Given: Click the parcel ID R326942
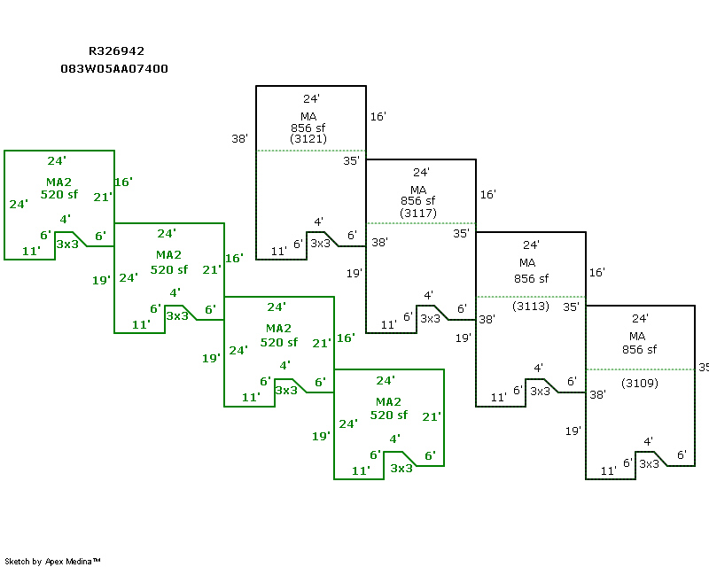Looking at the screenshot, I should tap(116, 52).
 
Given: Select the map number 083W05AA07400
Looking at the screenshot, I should tap(114, 68).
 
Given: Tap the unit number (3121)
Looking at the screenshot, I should tap(308, 139).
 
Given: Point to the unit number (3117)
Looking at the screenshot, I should tap(418, 213).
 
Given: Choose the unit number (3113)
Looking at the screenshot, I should tap(531, 307).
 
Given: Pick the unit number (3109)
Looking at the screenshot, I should tap(640, 383).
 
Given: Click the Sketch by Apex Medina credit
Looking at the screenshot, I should tap(53, 561).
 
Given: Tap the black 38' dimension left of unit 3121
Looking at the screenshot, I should tap(239, 139).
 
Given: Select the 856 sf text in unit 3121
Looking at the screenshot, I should tap(308, 128).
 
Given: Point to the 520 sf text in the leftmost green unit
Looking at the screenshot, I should tap(59, 194).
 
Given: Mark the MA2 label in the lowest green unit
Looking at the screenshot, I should tap(388, 402).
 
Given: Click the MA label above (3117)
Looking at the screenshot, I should tap(418, 190).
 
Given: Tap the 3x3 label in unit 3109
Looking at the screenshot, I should tap(649, 463).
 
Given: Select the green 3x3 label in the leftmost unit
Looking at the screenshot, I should tap(67, 243).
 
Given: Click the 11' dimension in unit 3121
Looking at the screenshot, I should tap(277, 252).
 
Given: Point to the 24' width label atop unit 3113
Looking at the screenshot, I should tap(531, 245).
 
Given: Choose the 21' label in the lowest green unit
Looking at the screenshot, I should tap(432, 416).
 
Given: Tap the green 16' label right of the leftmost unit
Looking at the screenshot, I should tap(123, 182).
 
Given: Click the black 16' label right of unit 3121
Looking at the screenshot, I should tap(378, 116).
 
